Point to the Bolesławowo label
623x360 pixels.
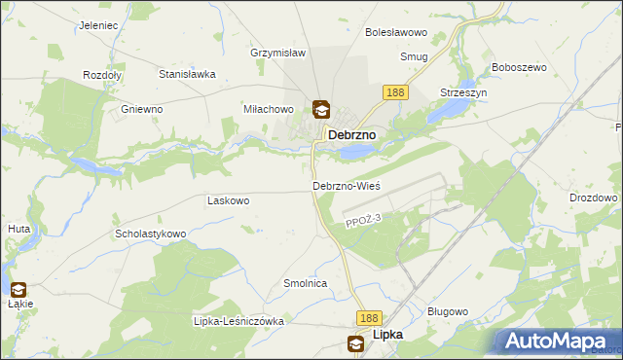397,32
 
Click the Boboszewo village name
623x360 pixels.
520,67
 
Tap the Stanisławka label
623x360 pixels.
186,73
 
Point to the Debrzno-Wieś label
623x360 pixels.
346,185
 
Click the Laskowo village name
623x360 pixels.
229,200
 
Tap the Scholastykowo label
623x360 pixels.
150,234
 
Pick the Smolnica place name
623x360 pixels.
305,283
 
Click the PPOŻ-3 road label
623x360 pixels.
359,224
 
